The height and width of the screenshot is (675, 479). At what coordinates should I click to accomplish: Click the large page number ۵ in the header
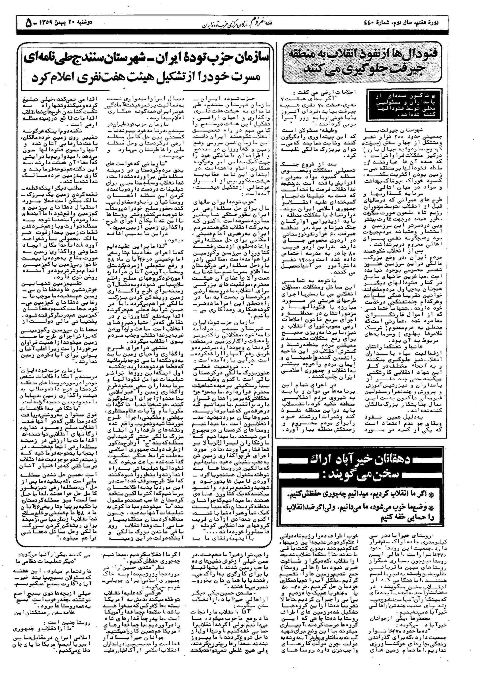29,23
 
